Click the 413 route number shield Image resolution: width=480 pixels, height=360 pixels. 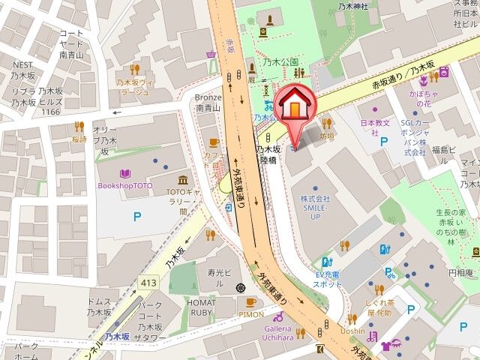(147, 282)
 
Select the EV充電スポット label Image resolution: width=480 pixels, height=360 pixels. (328, 280)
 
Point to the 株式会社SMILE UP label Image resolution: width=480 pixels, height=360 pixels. (316, 207)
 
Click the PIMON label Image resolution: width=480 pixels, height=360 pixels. (251, 314)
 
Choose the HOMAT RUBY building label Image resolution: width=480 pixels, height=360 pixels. (202, 309)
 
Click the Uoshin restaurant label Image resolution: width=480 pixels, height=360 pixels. (352, 331)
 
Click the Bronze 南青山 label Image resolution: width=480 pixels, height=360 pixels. (208, 103)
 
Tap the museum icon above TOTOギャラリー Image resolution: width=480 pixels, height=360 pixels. (183, 180)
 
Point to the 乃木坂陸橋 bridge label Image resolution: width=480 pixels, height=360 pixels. (268, 154)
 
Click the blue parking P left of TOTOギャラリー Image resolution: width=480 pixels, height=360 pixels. (137, 217)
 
